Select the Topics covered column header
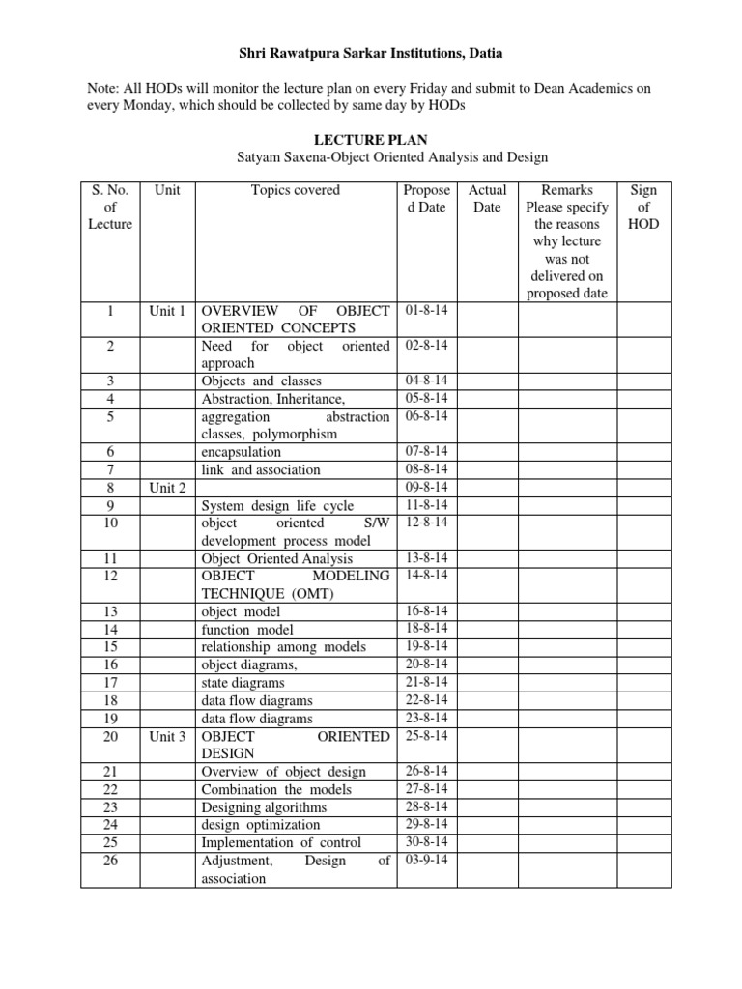(296, 190)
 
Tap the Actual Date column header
(487, 199)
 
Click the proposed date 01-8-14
(427, 310)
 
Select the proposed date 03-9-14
(427, 860)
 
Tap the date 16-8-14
(427, 611)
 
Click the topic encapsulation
(241, 452)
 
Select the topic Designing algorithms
(264, 806)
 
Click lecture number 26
(109, 860)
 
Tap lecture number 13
(109, 611)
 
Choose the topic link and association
(260, 470)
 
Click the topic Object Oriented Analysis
(276, 558)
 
